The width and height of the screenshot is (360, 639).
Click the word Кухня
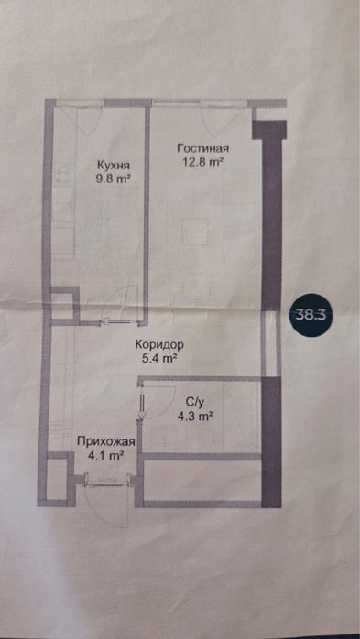click(x=113, y=166)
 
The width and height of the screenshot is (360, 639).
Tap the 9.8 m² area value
click(x=114, y=180)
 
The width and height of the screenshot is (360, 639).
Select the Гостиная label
click(x=202, y=149)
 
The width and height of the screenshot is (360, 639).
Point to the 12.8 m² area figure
click(x=203, y=163)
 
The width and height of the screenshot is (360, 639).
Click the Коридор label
click(x=160, y=345)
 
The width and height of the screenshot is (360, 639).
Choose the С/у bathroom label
click(x=194, y=402)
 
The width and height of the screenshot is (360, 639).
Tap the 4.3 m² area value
click(x=195, y=417)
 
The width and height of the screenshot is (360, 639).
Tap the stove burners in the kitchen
click(x=64, y=173)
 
